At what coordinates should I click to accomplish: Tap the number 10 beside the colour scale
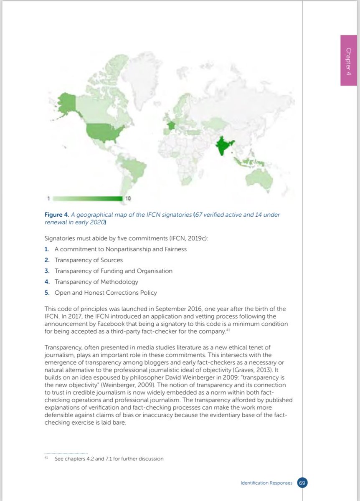(x=129, y=198)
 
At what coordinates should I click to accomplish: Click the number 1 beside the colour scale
(x=48, y=198)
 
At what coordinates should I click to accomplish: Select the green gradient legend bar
(x=88, y=198)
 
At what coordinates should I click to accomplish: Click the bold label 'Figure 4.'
(x=56, y=215)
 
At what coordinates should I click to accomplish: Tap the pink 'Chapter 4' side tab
(x=348, y=61)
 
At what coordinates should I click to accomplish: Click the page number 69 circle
(x=302, y=483)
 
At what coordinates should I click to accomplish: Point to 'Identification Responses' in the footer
(x=267, y=483)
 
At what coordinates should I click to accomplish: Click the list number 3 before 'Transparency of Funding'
(x=47, y=271)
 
